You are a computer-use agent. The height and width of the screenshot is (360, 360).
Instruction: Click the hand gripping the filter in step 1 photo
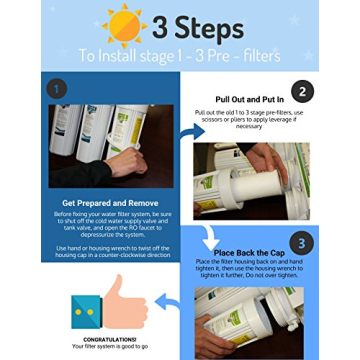click(x=60, y=150)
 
